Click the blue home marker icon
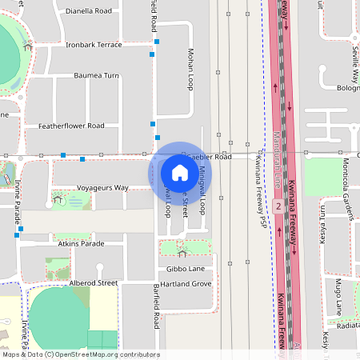[x=180, y=172]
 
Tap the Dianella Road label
[x=89, y=11]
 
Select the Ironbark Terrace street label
[x=94, y=45]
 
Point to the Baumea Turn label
[x=96, y=75]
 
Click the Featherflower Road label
[x=71, y=126]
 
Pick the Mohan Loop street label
[x=190, y=68]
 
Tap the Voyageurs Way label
[x=102, y=187]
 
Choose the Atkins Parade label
[x=81, y=243]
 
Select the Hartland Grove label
[x=185, y=284]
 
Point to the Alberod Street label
[x=94, y=282]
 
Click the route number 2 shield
[x=278, y=206]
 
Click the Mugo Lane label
[x=338, y=296]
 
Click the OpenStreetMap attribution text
[x=81, y=354]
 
